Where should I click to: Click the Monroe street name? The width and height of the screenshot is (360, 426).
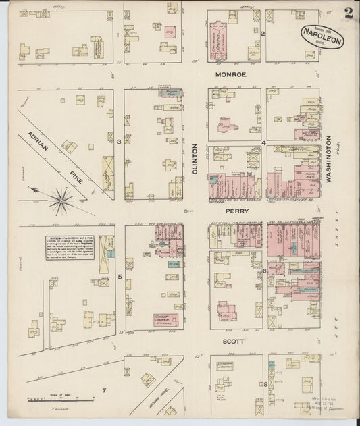point(230,75)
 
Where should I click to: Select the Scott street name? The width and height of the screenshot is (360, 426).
point(233,342)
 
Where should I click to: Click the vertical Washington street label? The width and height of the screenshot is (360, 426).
point(330,160)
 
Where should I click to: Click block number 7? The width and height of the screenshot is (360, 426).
point(104,391)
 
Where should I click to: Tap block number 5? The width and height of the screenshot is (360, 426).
point(120,277)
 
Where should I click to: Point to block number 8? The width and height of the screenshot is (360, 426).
point(265,385)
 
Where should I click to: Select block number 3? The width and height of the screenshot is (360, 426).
point(119,141)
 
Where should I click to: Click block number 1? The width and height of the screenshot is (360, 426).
point(118,34)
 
